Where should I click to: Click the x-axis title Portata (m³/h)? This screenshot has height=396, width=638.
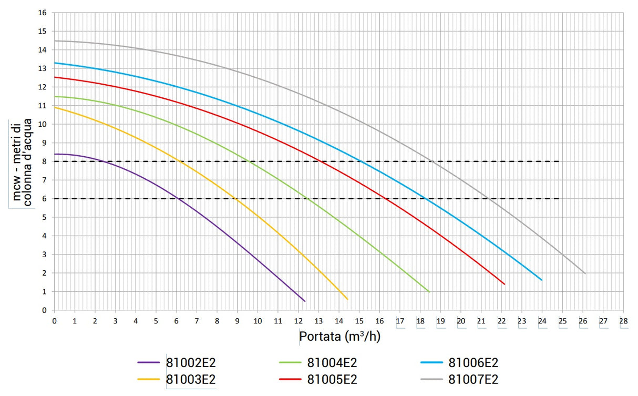coord(339,336)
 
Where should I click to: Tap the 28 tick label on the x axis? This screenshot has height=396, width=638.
coord(623,321)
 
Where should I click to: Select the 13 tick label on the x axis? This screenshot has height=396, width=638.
coord(318,321)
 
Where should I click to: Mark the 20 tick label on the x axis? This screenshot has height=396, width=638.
coord(461,321)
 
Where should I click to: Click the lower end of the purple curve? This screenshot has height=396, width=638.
coord(305,301)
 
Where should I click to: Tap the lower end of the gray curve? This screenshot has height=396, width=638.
coord(585,273)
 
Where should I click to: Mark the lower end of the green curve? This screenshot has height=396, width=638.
coord(429,292)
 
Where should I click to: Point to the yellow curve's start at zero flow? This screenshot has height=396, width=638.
coord(55,107)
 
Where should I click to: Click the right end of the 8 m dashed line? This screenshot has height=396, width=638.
coord(559,161)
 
